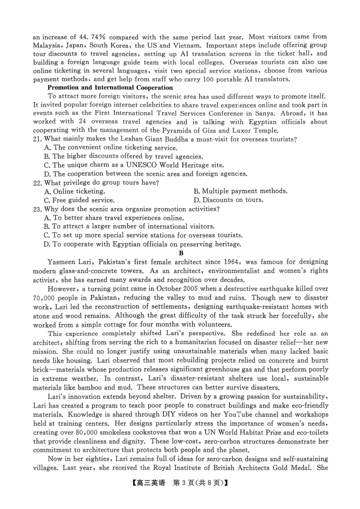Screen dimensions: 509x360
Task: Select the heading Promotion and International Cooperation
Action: click(x=110, y=87)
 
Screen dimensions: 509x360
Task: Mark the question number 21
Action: click(x=37, y=139)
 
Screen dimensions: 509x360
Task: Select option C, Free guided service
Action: click(x=79, y=200)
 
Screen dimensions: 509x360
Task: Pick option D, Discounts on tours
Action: click(x=228, y=200)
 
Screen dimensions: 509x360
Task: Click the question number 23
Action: click(x=37, y=209)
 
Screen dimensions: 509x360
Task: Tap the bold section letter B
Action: click(x=181, y=253)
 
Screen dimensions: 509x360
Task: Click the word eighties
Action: click(x=97, y=459)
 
